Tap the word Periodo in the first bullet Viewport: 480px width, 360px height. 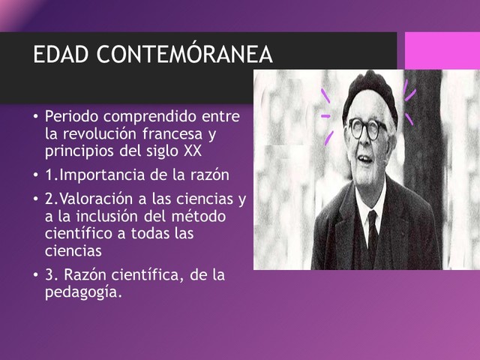[72, 118]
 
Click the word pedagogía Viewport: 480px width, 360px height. [82, 292]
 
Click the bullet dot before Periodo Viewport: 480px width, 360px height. [34, 118]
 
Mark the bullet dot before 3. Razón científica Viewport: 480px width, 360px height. [34, 276]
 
